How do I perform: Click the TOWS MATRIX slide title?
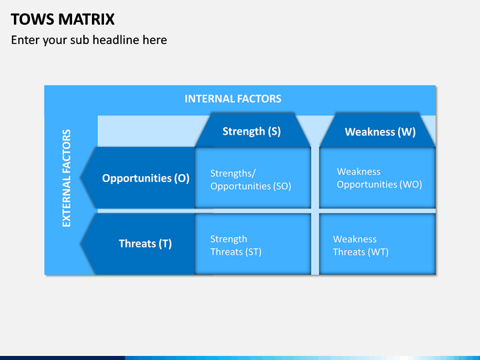63,19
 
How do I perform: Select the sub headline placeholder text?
89,40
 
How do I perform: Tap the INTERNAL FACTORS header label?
233,99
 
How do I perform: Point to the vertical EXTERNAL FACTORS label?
67,178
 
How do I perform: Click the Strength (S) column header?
251,131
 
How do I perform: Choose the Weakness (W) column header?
380,132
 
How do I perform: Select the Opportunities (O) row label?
146,178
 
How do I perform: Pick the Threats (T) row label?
145,244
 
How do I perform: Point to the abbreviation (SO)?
283,186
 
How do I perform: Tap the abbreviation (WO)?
412,184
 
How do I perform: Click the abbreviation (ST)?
253,252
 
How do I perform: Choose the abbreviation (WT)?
379,252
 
